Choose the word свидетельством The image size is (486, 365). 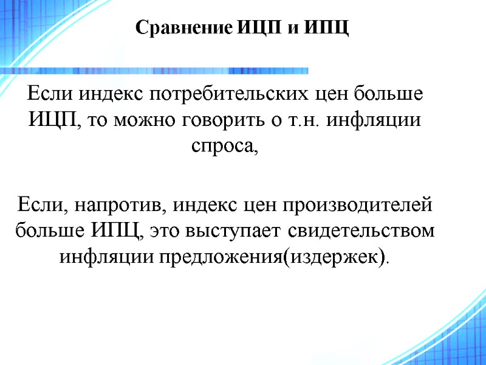[x=361, y=231]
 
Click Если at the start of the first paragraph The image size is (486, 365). [x=44, y=96]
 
